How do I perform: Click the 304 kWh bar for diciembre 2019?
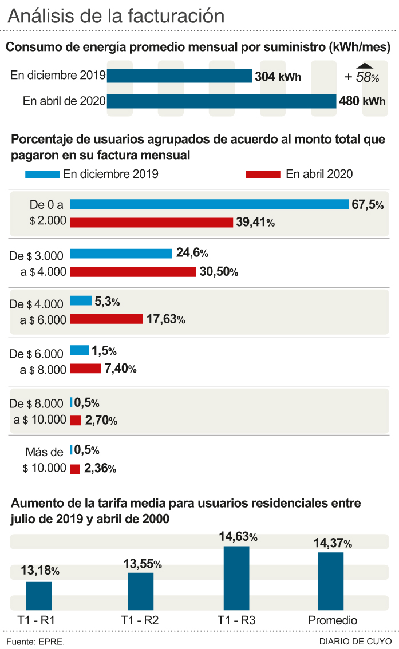180,76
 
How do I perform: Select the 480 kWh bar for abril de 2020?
222,101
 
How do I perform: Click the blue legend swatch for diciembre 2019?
42,174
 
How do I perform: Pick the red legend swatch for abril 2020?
263,174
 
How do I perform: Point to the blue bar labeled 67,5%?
209,204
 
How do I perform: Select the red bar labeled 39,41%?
151,223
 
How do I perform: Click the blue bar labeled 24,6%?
121,254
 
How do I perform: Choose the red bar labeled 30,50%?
133,272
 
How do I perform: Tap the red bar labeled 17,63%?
106,319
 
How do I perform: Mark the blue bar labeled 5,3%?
81,301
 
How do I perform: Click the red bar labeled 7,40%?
85,369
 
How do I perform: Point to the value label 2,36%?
100,469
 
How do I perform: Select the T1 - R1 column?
39,596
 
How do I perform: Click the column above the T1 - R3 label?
236,579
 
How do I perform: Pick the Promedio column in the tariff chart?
331,581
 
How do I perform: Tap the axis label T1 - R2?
140,620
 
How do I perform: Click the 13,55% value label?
143,564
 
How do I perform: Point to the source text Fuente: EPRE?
35,641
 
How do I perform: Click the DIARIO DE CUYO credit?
355,641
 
